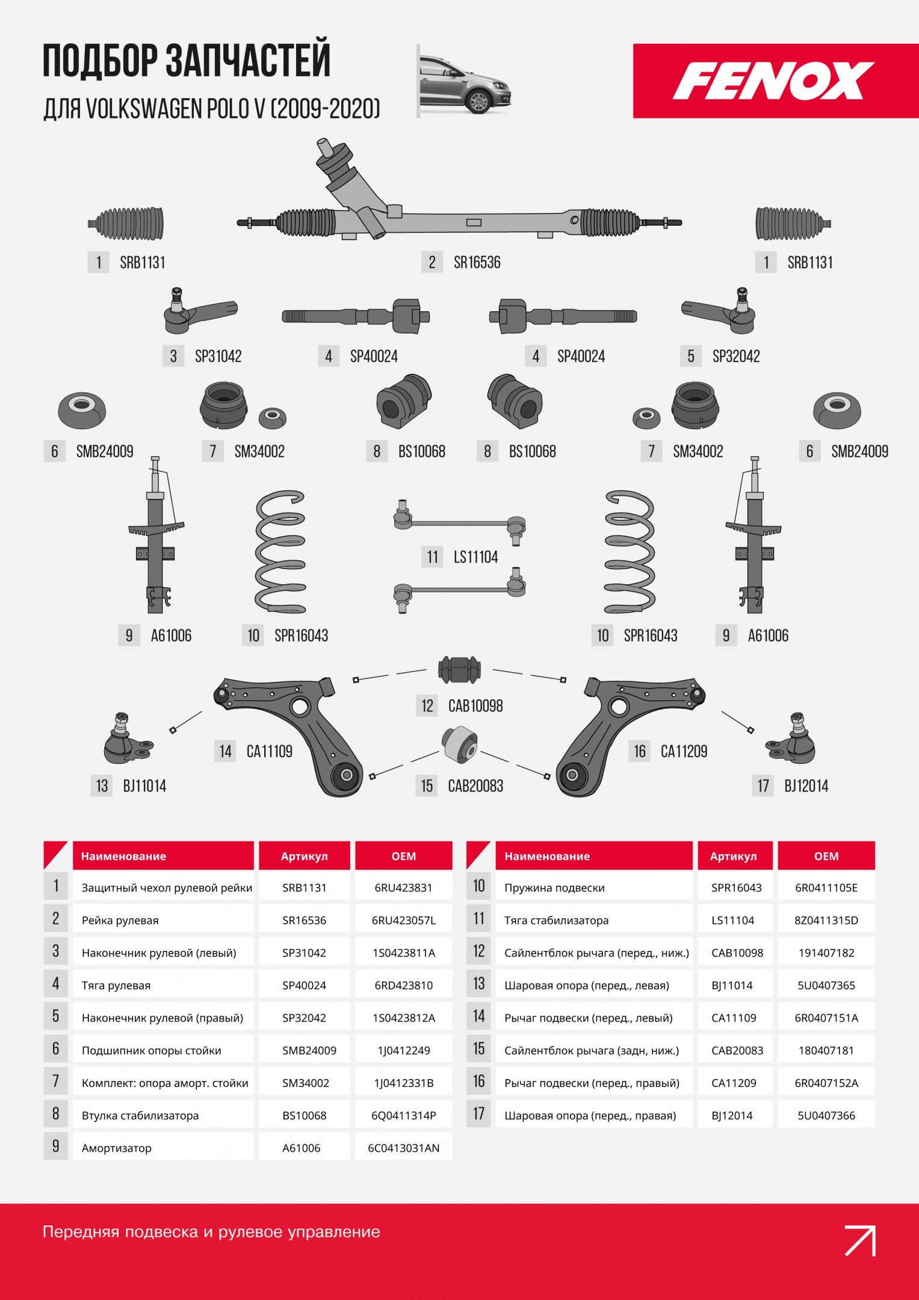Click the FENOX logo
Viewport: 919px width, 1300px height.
coord(774,81)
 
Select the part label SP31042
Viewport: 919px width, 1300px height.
coord(218,356)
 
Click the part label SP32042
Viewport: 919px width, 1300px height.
coord(736,356)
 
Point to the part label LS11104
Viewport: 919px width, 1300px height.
coord(475,557)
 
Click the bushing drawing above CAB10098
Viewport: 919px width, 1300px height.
coord(459,670)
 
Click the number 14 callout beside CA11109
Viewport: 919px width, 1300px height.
coord(225,751)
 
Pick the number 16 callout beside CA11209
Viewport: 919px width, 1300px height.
coord(639,751)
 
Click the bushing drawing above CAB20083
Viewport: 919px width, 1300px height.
coord(460,744)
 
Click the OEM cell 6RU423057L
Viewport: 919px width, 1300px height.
coord(404,920)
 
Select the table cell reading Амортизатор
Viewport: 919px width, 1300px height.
coord(117,1148)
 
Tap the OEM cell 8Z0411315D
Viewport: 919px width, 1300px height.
coord(826,920)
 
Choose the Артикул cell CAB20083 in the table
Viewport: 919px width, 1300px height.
coord(737,1050)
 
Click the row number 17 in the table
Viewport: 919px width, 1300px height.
coord(478,1114)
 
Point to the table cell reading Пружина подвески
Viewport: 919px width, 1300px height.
coord(554,888)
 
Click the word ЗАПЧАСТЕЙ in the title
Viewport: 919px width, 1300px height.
coord(248,60)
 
